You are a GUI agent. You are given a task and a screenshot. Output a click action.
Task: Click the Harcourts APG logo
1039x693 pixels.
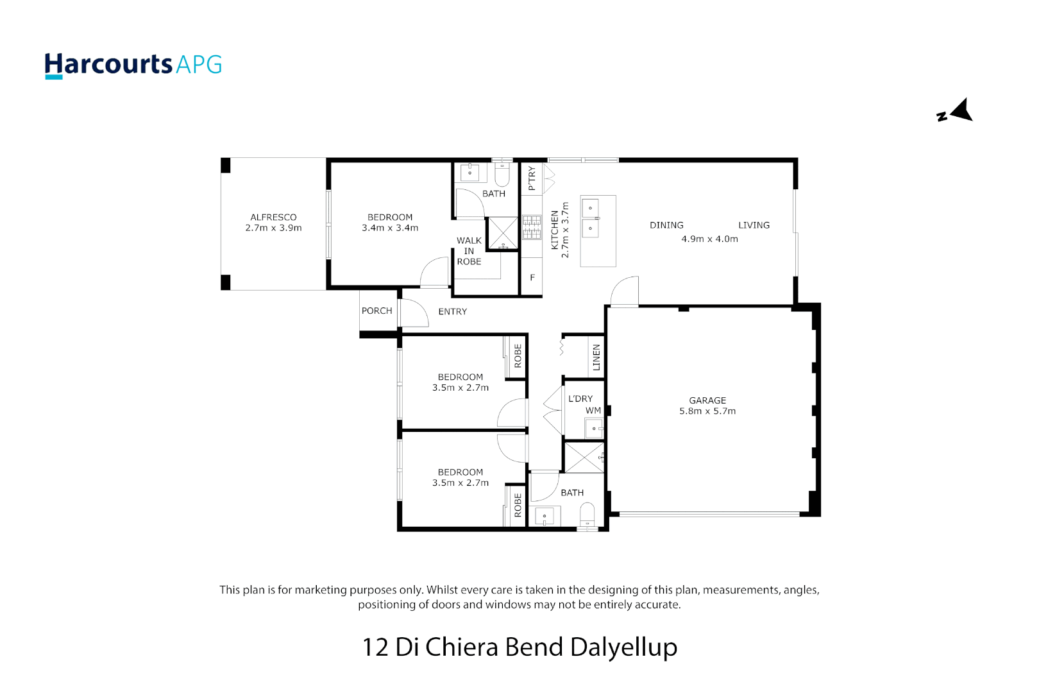tap(133, 65)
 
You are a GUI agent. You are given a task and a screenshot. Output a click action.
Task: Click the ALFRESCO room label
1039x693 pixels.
tap(273, 218)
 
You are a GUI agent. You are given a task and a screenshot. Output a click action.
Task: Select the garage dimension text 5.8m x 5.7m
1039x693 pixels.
tap(707, 411)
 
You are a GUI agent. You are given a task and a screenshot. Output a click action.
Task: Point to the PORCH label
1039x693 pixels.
tap(376, 311)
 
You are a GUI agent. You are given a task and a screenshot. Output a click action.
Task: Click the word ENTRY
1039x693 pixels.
tap(452, 312)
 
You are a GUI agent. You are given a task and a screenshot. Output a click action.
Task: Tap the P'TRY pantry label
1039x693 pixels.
tap(532, 178)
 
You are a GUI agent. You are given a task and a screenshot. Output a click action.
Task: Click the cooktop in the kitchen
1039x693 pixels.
tap(532, 227)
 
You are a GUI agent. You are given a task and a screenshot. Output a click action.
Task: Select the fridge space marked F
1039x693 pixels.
tap(532, 278)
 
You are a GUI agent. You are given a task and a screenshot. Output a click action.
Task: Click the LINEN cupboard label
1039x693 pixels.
tap(596, 357)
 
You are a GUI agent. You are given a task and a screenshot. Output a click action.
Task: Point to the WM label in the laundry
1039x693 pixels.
tap(593, 411)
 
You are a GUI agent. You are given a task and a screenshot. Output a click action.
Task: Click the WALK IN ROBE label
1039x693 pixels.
tap(469, 251)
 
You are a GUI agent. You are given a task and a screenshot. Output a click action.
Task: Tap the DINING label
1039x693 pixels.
tap(666, 226)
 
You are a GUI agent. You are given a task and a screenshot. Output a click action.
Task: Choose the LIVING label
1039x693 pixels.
tap(754, 226)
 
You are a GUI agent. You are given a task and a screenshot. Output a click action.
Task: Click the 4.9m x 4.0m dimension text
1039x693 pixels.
tap(709, 239)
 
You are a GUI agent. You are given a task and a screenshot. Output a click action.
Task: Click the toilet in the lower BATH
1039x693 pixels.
tap(587, 514)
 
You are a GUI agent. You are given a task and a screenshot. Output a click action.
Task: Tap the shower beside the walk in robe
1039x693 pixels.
tap(502, 233)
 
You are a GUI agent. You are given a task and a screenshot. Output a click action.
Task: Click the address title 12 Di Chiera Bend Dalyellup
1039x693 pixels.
tap(519, 647)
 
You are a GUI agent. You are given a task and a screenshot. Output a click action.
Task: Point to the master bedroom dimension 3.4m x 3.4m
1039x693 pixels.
tap(390, 228)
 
